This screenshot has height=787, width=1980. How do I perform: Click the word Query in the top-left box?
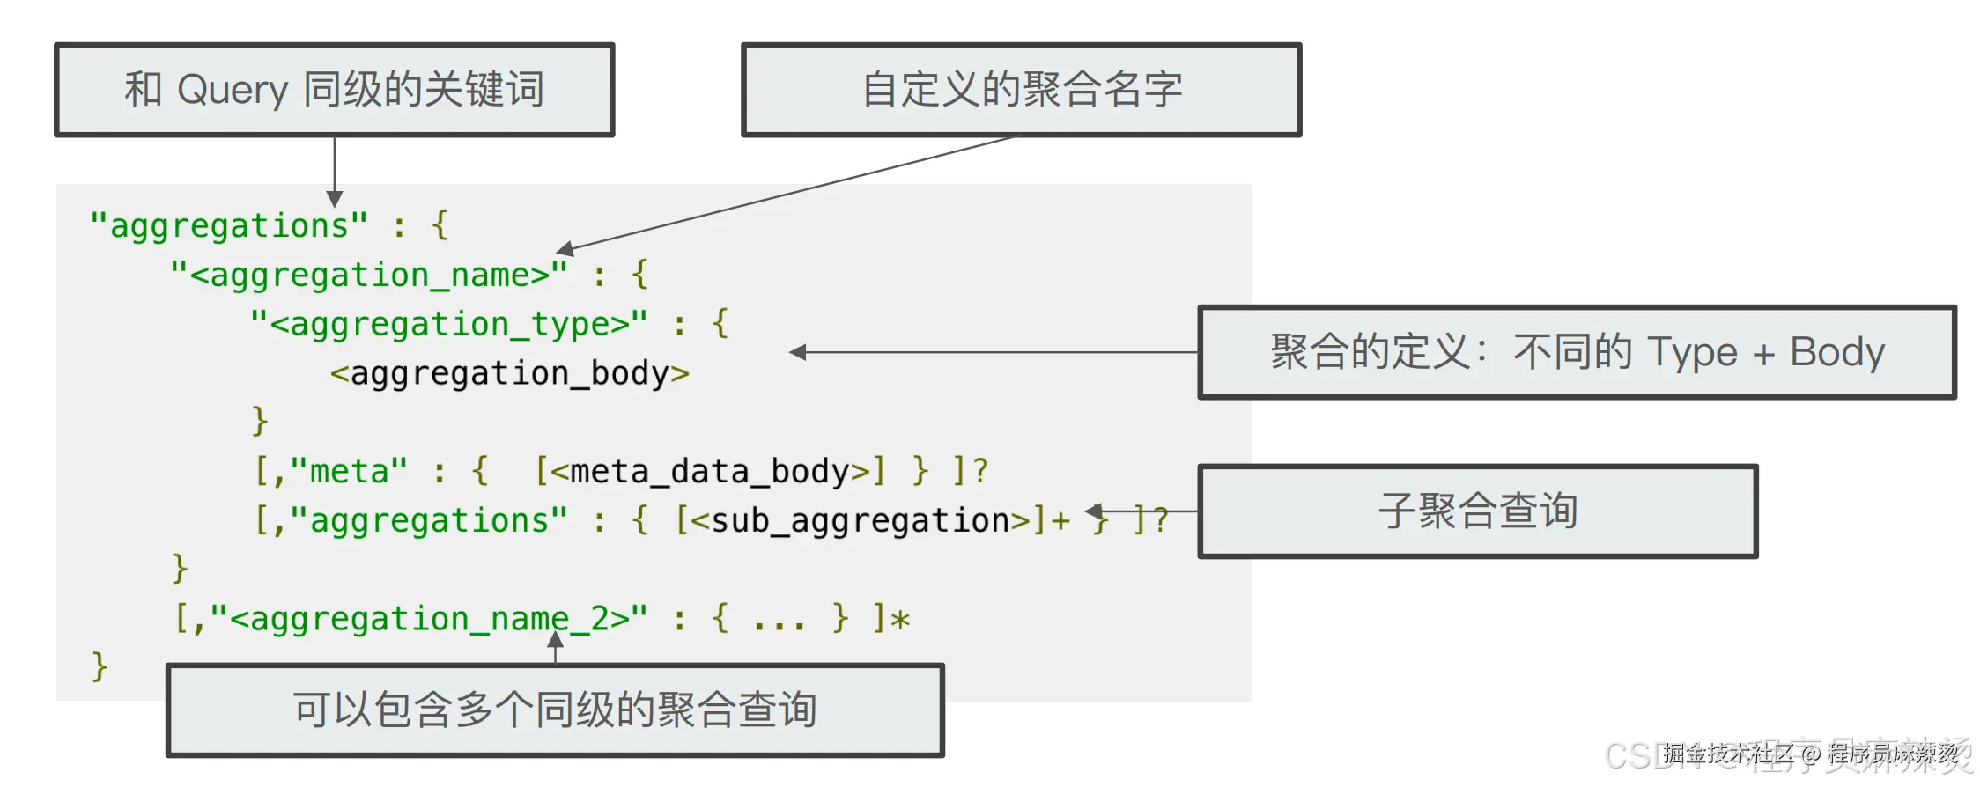point(233,91)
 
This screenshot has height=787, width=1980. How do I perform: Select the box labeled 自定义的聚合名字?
point(1022,90)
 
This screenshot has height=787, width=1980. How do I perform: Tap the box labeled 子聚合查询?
point(1478,511)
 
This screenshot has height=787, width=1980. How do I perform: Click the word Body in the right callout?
point(1837,352)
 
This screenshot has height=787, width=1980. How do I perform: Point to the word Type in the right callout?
point(1691,352)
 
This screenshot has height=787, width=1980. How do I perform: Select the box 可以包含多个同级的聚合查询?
point(555,710)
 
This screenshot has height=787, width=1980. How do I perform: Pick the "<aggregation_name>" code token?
point(370,276)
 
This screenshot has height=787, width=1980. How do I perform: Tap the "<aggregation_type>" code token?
point(449,325)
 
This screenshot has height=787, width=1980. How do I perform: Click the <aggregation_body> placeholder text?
point(509,373)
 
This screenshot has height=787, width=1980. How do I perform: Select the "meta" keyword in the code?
point(349,472)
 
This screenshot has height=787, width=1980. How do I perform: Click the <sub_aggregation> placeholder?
point(860,521)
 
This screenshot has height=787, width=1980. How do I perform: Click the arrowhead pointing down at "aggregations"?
point(335,199)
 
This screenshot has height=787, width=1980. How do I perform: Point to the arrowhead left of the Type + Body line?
point(798,352)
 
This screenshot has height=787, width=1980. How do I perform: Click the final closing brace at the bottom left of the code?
point(100,666)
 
